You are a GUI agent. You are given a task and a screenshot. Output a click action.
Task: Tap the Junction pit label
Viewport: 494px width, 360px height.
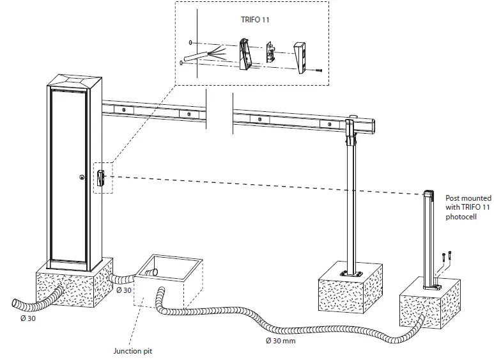click(x=132, y=350)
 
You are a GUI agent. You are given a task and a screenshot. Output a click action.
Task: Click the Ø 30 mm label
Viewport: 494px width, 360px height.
click(x=280, y=340)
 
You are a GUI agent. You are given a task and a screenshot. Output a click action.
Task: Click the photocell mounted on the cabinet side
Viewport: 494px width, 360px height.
click(x=101, y=177)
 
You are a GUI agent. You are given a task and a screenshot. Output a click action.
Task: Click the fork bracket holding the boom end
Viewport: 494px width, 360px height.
click(x=350, y=127)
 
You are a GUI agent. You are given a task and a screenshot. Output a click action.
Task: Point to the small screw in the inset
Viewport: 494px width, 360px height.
click(x=318, y=70)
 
